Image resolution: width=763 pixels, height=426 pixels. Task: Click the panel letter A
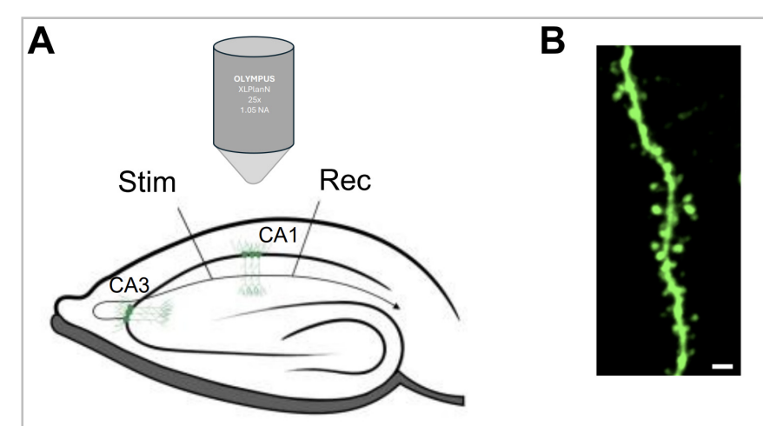pos(41,40)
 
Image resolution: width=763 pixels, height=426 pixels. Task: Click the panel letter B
pos(553,40)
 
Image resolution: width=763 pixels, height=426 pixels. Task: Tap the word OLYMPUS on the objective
pos(254,79)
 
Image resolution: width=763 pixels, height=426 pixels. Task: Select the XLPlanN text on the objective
pos(254,89)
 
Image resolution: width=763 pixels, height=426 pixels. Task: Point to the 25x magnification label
pos(255,99)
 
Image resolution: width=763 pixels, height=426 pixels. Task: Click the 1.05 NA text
pos(255,110)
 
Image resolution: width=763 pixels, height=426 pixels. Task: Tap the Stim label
pos(147,182)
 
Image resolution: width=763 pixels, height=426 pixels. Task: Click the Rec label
pos(345,180)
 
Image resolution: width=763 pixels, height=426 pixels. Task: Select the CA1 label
pos(278,235)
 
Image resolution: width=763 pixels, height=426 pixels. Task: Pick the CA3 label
pos(129,285)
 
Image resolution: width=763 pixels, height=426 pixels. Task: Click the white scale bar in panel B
pos(722,366)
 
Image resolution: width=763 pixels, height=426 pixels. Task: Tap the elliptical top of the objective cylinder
pos(254,47)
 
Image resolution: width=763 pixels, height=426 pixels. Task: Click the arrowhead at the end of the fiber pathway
pos(397,306)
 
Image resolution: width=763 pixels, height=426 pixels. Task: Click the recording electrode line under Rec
pos(306,238)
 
